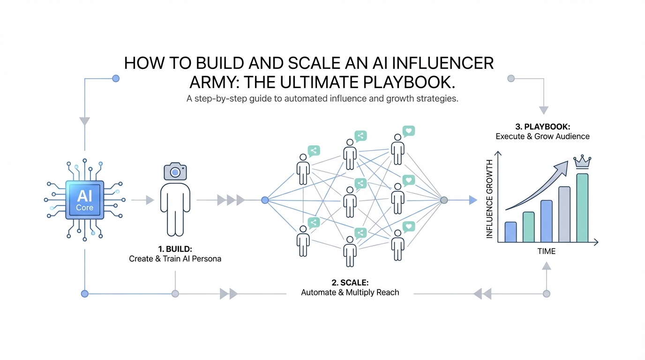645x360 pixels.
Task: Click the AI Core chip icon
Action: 85,199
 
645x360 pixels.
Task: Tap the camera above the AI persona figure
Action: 175,172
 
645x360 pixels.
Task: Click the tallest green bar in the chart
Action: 582,208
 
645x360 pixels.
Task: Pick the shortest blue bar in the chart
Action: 510,232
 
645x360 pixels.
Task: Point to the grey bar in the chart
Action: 564,214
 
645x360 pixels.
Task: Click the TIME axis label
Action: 546,251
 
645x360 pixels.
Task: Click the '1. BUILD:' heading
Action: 175,249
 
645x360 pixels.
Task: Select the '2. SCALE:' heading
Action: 350,283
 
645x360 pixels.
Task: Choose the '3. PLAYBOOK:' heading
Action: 542,127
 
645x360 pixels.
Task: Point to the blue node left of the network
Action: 265,200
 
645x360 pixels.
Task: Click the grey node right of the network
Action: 444,200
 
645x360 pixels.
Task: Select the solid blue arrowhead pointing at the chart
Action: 472,200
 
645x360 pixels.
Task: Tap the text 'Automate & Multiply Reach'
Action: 350,292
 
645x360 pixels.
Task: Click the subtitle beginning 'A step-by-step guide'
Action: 322,99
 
